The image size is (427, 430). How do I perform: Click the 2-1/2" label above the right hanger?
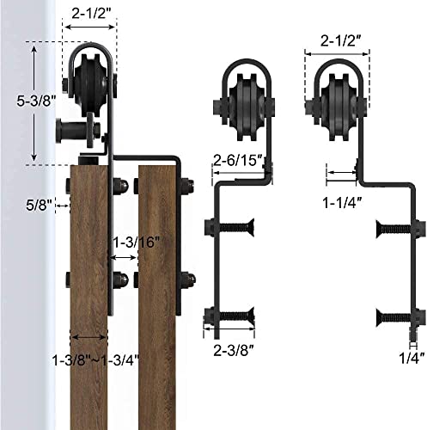pos(337,40)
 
